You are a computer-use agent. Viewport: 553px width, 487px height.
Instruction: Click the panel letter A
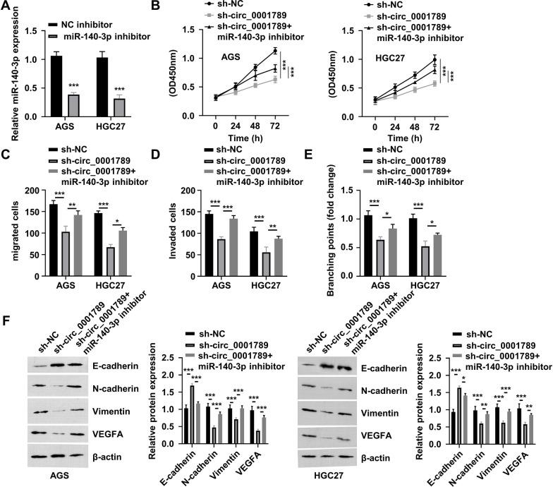pos(6,9)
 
